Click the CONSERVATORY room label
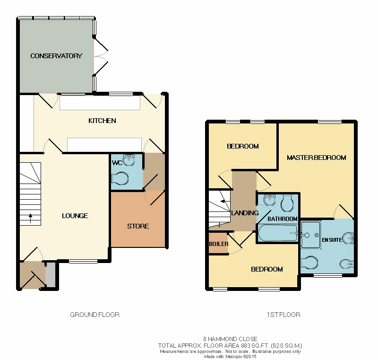[x=56, y=56]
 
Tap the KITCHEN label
[x=102, y=121]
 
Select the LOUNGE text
[x=75, y=216]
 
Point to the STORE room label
[x=138, y=226]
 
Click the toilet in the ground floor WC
[x=120, y=178]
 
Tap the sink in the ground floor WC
[x=129, y=160]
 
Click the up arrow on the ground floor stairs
[x=31, y=218]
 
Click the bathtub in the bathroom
[x=278, y=233]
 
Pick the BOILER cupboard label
[x=219, y=244]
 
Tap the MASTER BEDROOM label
[x=317, y=158]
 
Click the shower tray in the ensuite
[x=311, y=235]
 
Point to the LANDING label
[x=245, y=213]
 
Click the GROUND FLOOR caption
[x=95, y=315]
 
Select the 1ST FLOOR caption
[x=283, y=315]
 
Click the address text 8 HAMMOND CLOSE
[x=230, y=339]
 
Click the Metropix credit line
[x=230, y=356]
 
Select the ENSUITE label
[x=332, y=240]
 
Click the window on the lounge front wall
[x=83, y=261]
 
